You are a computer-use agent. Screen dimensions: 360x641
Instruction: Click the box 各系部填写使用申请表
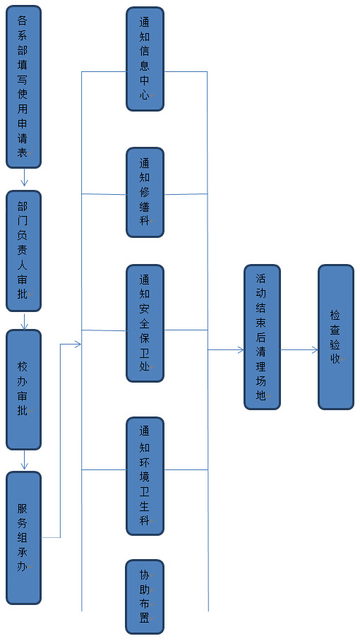pos(24,87)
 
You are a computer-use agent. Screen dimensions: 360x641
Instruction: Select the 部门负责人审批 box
pos(24,251)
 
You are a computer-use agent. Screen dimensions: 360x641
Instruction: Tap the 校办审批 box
pos(24,390)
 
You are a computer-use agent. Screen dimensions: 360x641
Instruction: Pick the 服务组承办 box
pos(24,537)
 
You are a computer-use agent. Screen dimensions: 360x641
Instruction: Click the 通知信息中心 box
pos(145,59)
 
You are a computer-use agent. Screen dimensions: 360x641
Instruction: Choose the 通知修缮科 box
pos(145,192)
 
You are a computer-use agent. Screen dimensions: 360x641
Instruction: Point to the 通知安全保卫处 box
pos(145,323)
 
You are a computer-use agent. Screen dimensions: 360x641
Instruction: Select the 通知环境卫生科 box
pos(145,477)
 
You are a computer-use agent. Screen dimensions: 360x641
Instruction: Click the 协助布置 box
pos(145,597)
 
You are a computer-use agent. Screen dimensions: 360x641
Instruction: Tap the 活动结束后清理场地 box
pos(263,337)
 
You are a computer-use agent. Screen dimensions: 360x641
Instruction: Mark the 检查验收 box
pos(336,337)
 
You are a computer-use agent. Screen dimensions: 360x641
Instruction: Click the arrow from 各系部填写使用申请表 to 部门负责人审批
pos(24,177)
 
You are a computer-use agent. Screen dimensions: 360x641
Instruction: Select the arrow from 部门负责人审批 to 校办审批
pos(24,320)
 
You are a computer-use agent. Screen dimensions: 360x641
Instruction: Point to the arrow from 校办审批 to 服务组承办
pos(24,460)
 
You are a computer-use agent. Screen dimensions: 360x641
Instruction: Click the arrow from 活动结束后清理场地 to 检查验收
pos(299,349)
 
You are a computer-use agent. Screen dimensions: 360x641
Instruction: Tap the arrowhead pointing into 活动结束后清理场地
pos(241,349)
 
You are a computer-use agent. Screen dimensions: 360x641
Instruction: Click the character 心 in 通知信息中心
pos(144,95)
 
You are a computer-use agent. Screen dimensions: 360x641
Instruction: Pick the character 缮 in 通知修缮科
pos(144,206)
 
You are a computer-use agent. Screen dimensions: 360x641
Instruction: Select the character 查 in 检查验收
pos(335,330)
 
